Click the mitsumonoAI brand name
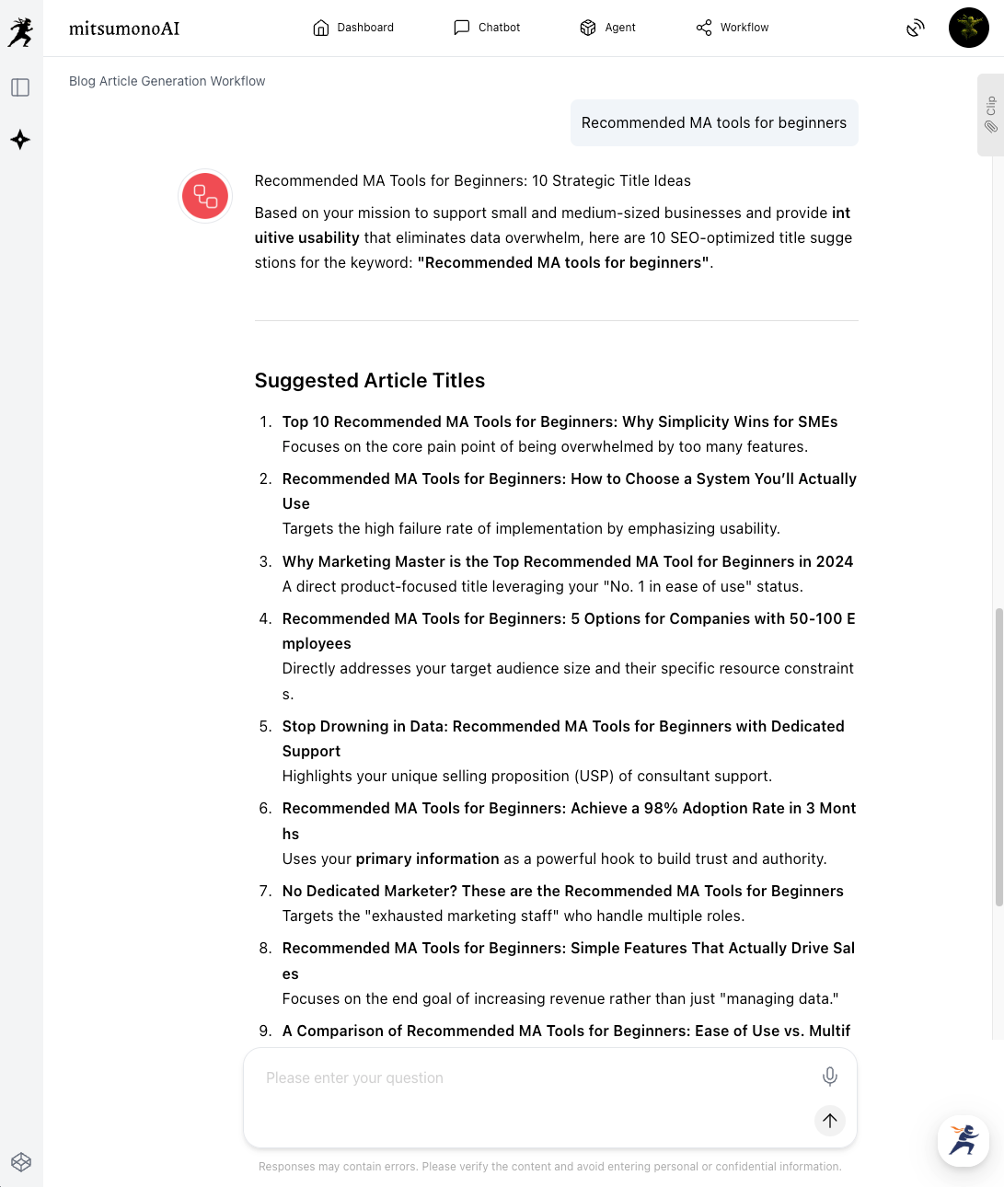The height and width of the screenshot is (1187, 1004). point(124,29)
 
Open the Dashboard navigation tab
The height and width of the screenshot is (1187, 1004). point(353,28)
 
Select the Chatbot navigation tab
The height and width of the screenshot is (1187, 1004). point(487,28)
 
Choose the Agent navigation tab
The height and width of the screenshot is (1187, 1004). point(607,28)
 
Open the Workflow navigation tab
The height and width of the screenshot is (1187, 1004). point(733,28)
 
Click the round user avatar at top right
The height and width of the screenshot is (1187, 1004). point(968,28)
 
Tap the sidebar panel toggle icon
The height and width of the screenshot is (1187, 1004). point(20,87)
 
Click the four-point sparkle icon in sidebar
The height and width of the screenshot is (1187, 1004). point(20,140)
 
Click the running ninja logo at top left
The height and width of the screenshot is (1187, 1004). point(20,32)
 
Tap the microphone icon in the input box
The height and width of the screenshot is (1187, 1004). point(829,1077)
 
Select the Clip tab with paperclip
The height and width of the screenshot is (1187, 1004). point(990,115)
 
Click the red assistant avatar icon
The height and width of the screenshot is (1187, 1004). point(205,196)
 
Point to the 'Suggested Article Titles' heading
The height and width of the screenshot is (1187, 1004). point(369,381)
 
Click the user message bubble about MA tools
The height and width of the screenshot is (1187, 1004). point(713,123)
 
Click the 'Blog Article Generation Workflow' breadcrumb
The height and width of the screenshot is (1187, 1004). point(167,81)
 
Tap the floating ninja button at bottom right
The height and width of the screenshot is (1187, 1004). point(964,1141)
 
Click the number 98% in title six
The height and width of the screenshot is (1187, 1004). point(660,809)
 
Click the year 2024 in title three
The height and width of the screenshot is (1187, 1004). point(834,562)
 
